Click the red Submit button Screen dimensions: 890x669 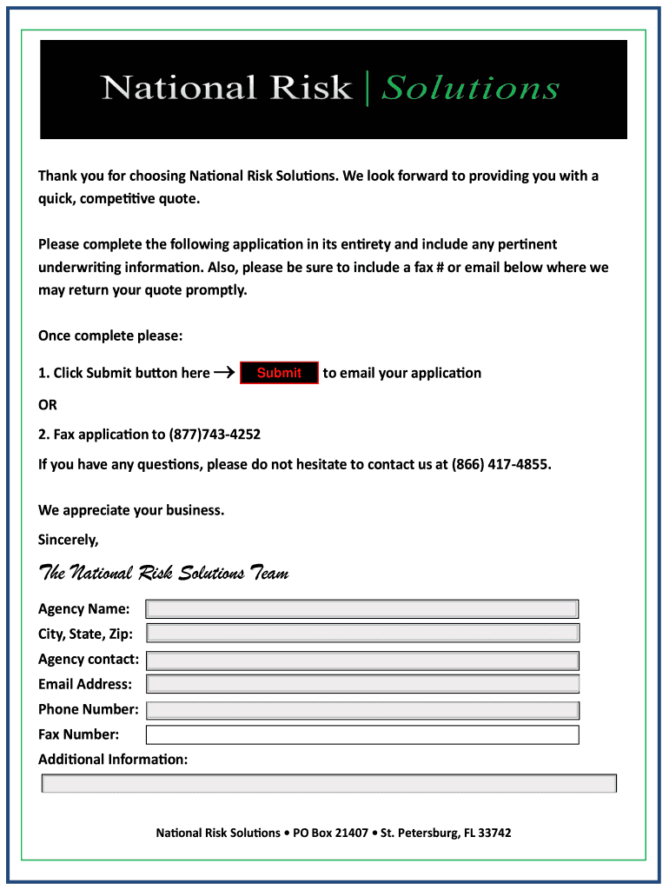279,373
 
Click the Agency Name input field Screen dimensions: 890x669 361,608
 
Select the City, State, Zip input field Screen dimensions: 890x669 362,634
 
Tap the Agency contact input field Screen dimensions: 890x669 362,660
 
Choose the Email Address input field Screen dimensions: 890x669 362,684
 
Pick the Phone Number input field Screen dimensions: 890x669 362,709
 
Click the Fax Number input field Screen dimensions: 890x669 362,734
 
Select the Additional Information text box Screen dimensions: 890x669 329,783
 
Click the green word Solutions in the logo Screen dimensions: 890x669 470,88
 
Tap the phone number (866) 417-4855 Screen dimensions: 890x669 500,464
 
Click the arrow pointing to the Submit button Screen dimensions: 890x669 224,373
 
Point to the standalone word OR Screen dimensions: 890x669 48,405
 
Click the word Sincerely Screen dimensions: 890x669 69,540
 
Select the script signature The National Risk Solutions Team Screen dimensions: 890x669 163,574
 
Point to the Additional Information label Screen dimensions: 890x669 113,760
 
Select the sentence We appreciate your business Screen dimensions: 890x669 131,510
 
